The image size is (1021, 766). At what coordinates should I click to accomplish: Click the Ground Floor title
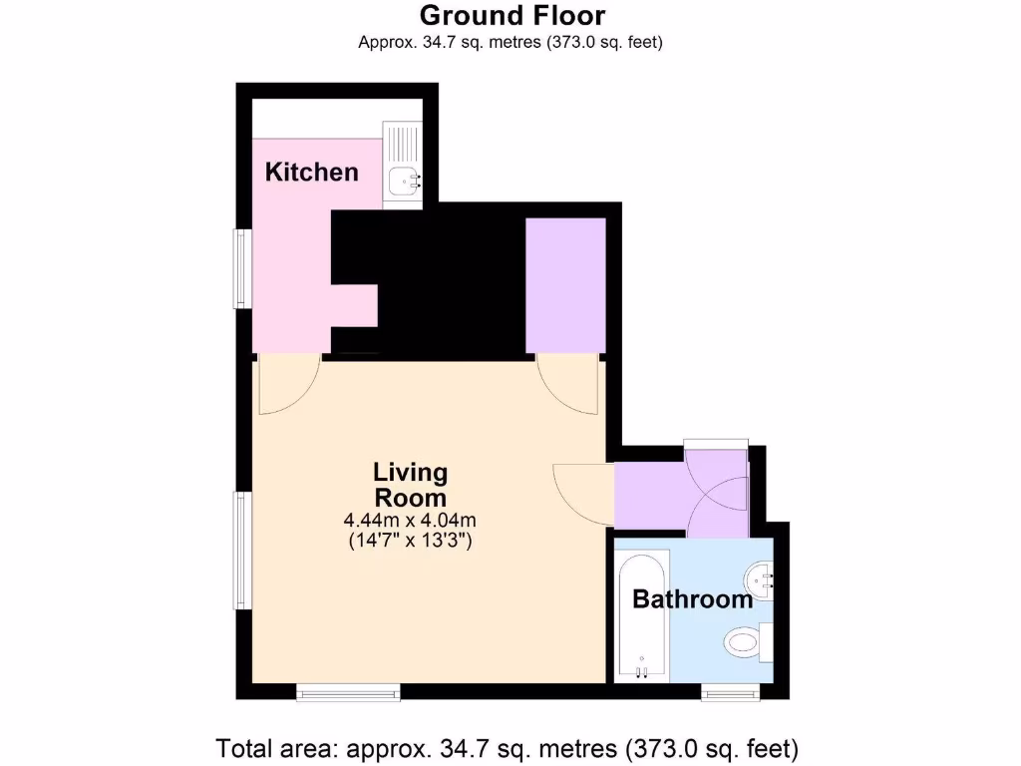(511, 16)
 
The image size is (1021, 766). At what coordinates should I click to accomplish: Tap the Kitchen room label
(311, 172)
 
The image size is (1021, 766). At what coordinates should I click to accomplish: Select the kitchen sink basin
(404, 181)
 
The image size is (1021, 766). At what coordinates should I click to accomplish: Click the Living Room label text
(410, 485)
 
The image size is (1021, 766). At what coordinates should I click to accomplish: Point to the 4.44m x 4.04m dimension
(410, 520)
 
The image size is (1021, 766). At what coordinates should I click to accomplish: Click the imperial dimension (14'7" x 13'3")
(410, 542)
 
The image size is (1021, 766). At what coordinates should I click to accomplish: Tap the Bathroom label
(692, 599)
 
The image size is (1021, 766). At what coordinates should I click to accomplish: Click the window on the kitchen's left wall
(241, 268)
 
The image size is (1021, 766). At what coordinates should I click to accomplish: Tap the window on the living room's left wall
(241, 550)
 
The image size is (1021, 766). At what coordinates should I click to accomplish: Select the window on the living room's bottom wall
(348, 690)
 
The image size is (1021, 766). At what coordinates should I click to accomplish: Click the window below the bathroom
(730, 690)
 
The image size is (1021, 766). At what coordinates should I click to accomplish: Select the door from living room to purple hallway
(584, 494)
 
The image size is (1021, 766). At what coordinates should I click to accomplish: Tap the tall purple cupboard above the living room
(565, 285)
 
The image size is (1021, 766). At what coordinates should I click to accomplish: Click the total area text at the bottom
(508, 746)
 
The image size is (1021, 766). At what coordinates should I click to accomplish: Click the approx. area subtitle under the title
(510, 42)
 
